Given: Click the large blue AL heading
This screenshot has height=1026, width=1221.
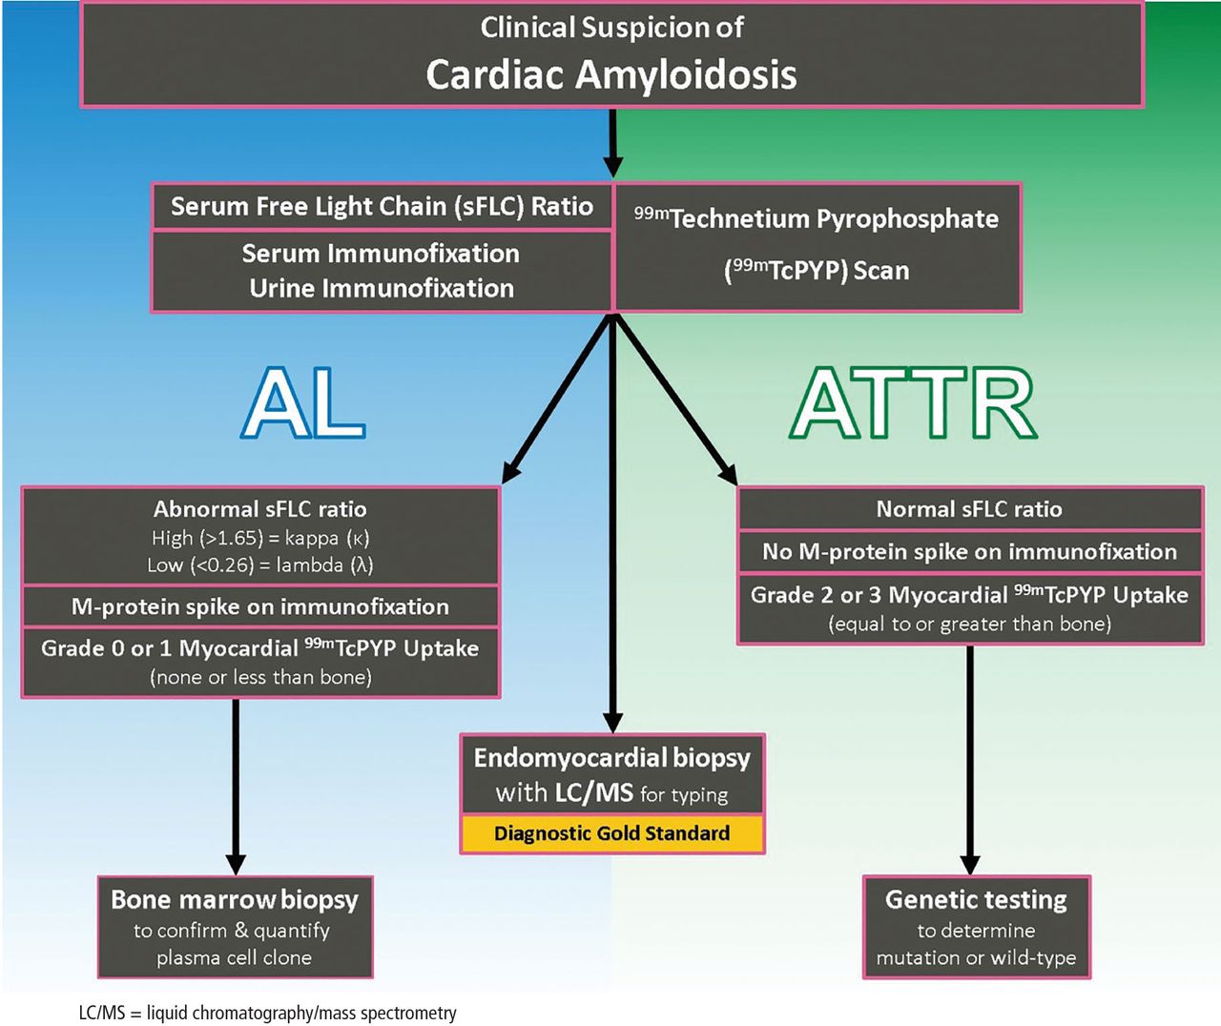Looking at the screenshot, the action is (x=303, y=402).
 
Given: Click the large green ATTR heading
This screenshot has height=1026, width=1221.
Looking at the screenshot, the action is (x=913, y=402).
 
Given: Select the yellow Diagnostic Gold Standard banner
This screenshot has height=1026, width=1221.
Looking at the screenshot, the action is (x=612, y=833).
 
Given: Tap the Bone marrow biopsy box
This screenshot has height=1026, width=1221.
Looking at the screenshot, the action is (x=235, y=927).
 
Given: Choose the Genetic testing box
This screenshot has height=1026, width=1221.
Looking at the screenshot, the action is (x=977, y=927).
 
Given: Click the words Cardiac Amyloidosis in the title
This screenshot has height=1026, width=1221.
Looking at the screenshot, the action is (x=611, y=74).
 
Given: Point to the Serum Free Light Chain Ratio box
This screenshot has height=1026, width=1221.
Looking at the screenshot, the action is (x=382, y=206).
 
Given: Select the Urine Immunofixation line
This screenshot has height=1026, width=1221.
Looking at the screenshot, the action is (x=382, y=288).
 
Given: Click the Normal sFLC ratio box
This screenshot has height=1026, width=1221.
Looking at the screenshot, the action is (x=969, y=508).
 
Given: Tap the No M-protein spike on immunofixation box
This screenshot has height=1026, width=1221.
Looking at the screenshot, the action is (x=969, y=552).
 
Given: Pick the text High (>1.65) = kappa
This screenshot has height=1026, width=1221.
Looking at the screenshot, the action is (x=260, y=538).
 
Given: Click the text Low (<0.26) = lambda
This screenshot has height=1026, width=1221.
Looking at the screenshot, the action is (x=260, y=565).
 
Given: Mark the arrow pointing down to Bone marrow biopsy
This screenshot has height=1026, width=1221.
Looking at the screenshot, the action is (x=236, y=787).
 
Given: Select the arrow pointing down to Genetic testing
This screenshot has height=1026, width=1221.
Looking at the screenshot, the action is (x=970, y=760).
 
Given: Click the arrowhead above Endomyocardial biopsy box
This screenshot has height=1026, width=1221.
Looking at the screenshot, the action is (x=612, y=723).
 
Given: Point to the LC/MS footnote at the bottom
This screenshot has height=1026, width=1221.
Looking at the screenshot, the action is (x=267, y=1013).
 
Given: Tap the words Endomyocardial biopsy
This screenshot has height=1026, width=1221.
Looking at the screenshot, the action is (x=611, y=758).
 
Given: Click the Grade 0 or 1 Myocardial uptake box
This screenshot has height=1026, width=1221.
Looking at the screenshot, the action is (x=260, y=663).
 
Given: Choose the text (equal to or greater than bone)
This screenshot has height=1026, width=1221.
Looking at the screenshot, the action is (x=969, y=624).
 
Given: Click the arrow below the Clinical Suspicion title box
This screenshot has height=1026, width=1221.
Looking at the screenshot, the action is (x=612, y=143).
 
